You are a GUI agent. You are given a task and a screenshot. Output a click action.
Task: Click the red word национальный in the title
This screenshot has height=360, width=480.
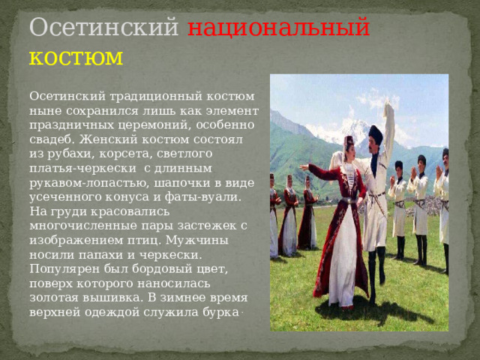click(278, 27)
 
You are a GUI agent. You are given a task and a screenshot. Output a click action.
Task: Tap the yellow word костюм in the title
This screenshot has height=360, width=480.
click(76, 56)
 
